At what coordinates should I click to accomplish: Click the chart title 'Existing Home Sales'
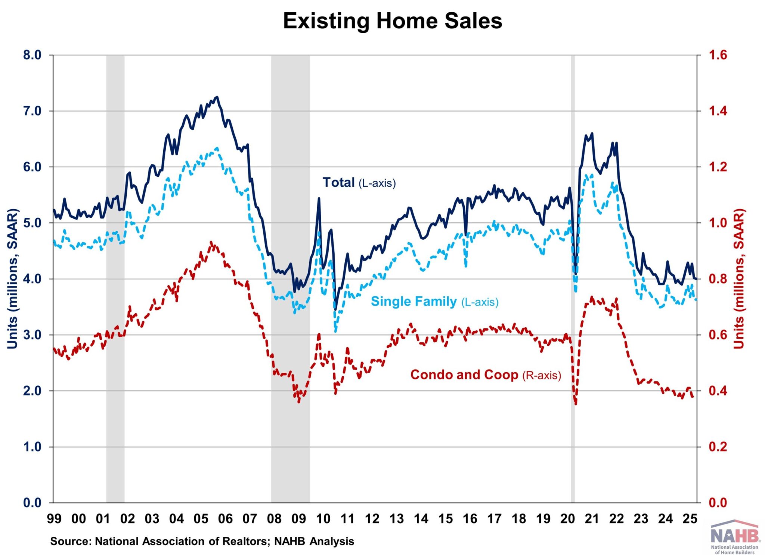point(392,21)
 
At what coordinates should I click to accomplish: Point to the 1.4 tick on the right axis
point(718,111)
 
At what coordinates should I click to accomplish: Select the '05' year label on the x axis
point(201,519)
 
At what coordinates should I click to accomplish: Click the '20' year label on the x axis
point(567,519)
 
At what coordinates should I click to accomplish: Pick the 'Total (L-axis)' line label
point(359,183)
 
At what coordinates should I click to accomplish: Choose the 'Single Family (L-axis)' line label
point(434,301)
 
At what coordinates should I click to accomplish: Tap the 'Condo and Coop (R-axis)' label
point(486,375)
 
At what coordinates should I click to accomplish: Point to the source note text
point(202,541)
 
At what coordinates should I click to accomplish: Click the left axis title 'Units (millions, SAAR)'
point(13,279)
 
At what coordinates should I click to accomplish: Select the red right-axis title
point(739,279)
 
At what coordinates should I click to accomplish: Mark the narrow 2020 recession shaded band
point(573,279)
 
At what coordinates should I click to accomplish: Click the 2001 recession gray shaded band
point(115,279)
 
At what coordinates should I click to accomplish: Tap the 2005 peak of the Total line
point(217,97)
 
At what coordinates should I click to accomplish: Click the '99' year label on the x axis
point(54,519)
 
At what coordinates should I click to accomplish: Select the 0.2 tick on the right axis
point(718,447)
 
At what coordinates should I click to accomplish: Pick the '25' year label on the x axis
point(690,519)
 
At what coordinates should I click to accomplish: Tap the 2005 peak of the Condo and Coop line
point(211,243)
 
